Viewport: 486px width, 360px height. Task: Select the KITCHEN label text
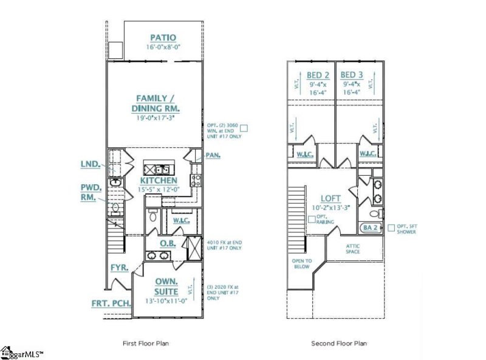[x=159, y=181]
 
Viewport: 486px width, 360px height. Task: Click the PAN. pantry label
[x=213, y=156]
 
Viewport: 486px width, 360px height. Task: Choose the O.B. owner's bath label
[x=168, y=243]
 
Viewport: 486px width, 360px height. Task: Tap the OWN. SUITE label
[x=166, y=286]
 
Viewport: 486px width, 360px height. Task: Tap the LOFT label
[x=330, y=199]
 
